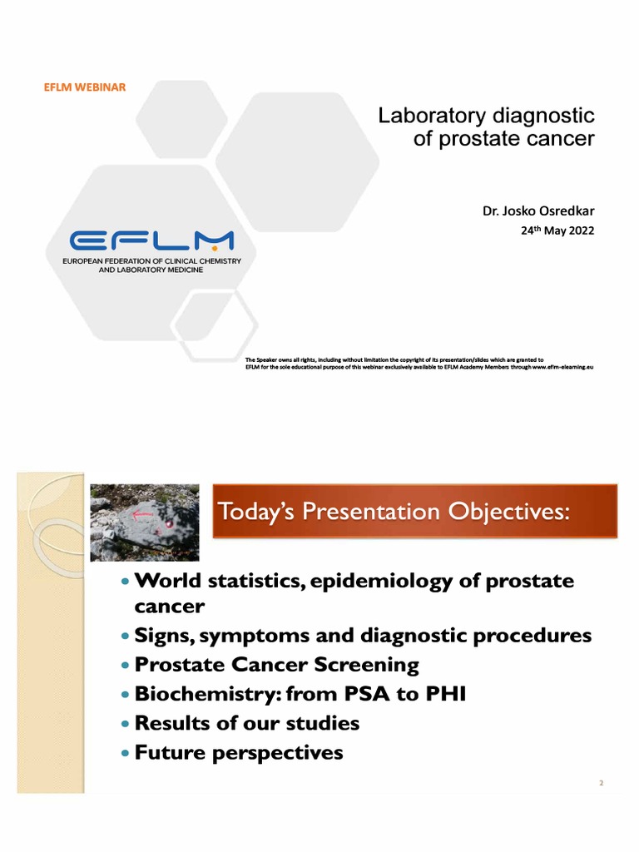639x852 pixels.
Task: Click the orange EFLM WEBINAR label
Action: click(x=85, y=87)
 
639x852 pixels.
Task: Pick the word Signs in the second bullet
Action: click(x=163, y=636)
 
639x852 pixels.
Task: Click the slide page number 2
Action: click(x=600, y=783)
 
